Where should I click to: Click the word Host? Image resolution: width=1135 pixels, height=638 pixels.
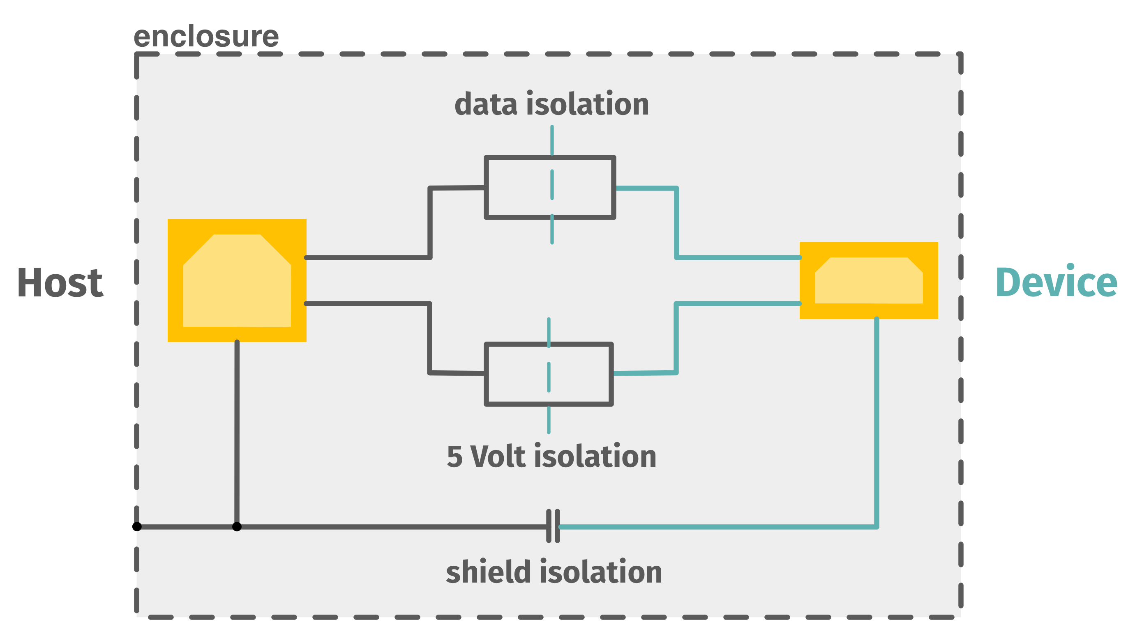[x=60, y=283]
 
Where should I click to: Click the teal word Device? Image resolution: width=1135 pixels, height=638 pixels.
[x=1056, y=282]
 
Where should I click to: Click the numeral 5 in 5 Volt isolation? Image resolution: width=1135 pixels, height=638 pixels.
[x=455, y=457]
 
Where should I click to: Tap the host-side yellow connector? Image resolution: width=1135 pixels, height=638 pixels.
[x=237, y=280]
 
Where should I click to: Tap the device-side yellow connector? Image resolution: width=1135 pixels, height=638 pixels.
[x=868, y=280]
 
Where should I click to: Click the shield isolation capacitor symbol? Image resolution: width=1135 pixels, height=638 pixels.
[x=553, y=526]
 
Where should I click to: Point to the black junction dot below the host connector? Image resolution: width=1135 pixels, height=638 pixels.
[x=237, y=527]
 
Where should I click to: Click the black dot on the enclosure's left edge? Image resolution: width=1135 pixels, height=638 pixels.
[x=138, y=527]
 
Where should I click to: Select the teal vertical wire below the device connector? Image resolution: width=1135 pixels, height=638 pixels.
[x=877, y=423]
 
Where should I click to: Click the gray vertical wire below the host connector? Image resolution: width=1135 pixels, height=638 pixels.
[x=237, y=431]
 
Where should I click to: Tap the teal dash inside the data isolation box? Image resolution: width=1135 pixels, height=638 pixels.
[x=552, y=184]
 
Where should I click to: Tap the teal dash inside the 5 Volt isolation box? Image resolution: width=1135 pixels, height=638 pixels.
[x=549, y=377]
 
